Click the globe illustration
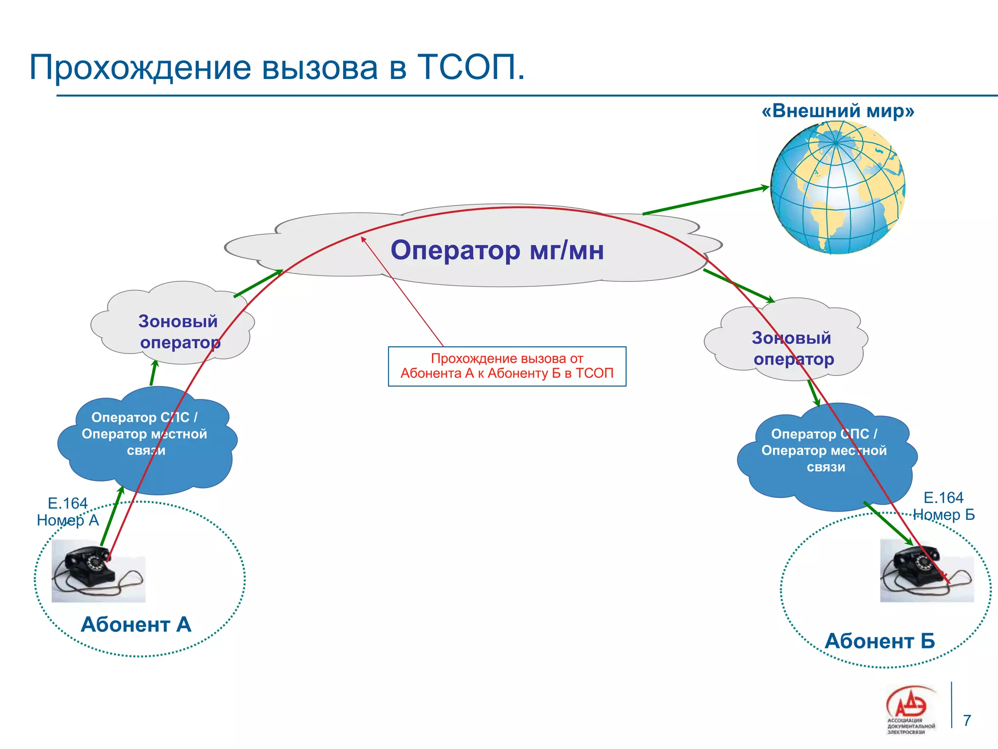[837, 188]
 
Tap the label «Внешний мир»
[838, 111]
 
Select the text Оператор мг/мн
[497, 250]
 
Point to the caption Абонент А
[136, 625]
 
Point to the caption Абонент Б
[880, 641]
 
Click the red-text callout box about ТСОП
[507, 366]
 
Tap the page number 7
[967, 720]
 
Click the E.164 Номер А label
[68, 512]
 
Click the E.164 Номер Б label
[943, 506]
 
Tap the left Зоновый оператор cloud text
[179, 332]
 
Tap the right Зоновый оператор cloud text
[792, 348]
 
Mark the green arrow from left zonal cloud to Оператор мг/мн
[258, 283]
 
